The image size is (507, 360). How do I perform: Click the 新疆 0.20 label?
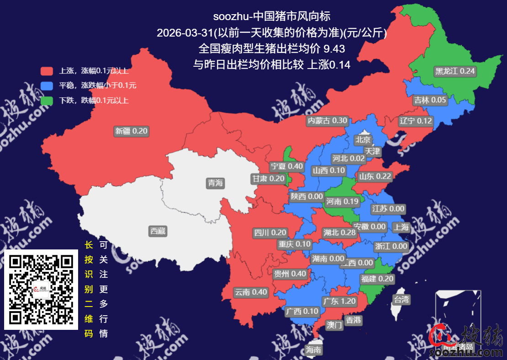132,131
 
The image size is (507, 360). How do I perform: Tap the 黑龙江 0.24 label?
455,71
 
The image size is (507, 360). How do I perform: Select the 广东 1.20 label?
339,302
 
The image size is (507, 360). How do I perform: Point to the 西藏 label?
158,231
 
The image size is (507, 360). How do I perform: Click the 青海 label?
215,183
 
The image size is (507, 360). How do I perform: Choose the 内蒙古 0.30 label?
328,121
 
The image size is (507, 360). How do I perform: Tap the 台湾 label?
401,300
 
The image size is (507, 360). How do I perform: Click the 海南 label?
314,350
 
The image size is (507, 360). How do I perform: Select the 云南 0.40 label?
251,292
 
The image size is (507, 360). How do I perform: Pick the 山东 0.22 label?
375,176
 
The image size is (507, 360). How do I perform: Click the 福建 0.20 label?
377,279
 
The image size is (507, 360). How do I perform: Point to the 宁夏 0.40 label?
286,166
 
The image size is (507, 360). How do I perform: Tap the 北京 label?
363,140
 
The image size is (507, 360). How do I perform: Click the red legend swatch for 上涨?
47,71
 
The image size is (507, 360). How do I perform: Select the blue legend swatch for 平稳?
47,85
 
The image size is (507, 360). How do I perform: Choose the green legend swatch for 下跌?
47,100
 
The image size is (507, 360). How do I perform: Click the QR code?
41,289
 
